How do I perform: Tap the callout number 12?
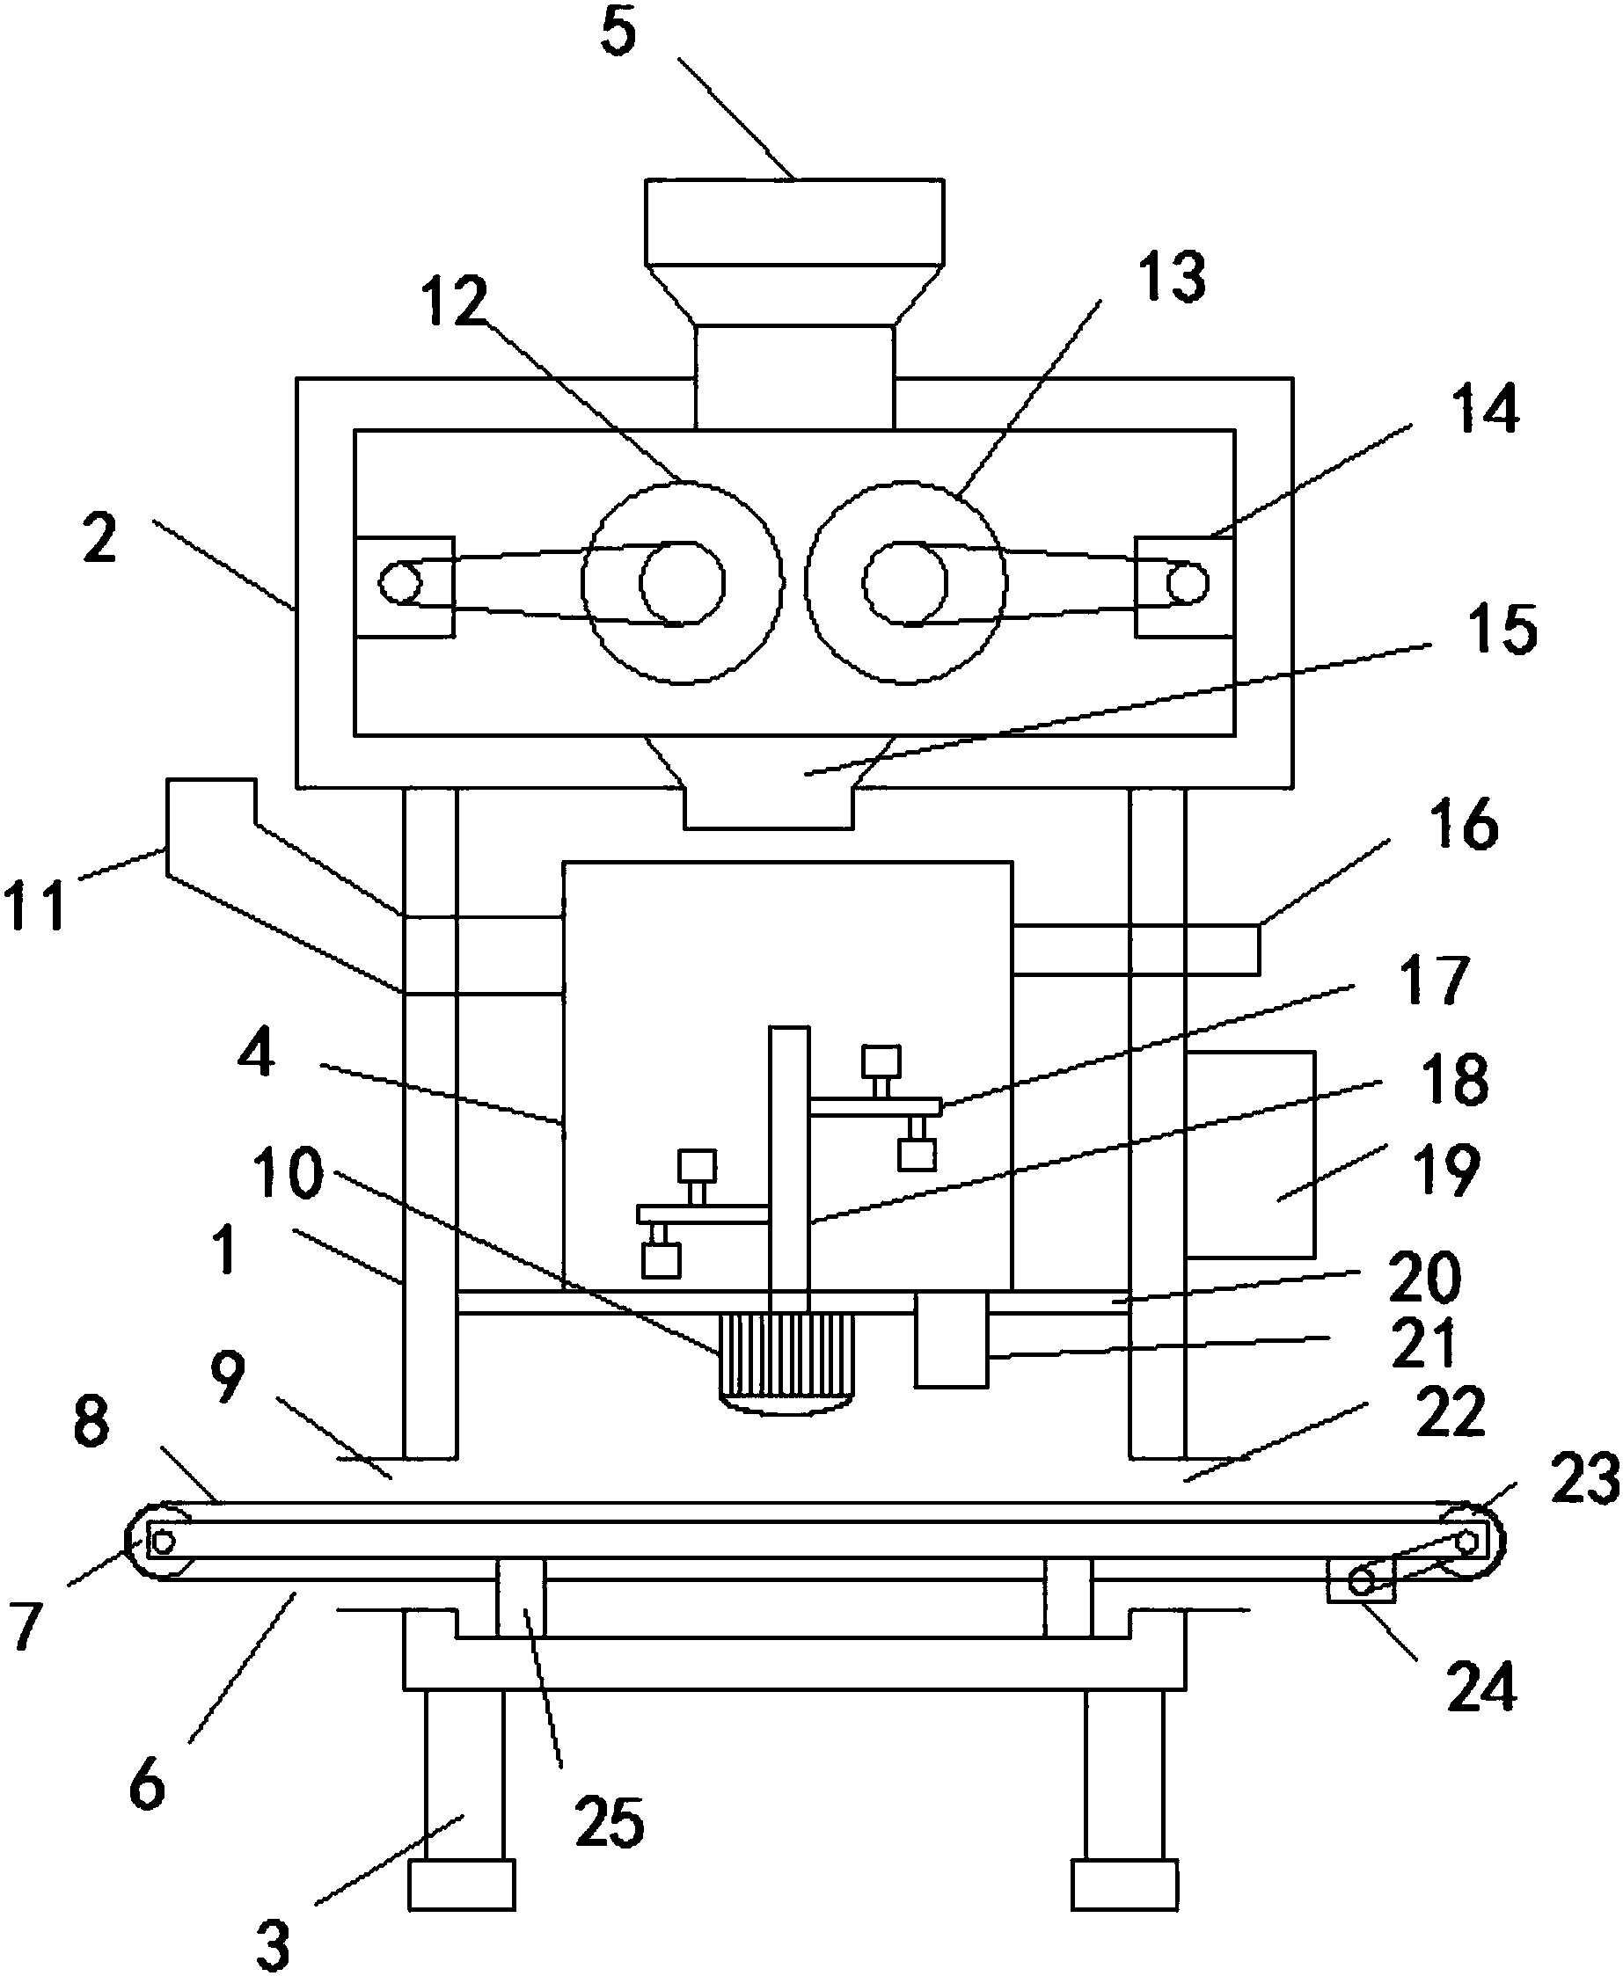tap(455, 301)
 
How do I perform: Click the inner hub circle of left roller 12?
tap(682, 583)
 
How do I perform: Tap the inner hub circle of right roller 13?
tap(905, 583)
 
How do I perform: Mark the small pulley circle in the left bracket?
tap(399, 583)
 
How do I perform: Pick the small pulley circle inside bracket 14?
tap(1187, 584)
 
